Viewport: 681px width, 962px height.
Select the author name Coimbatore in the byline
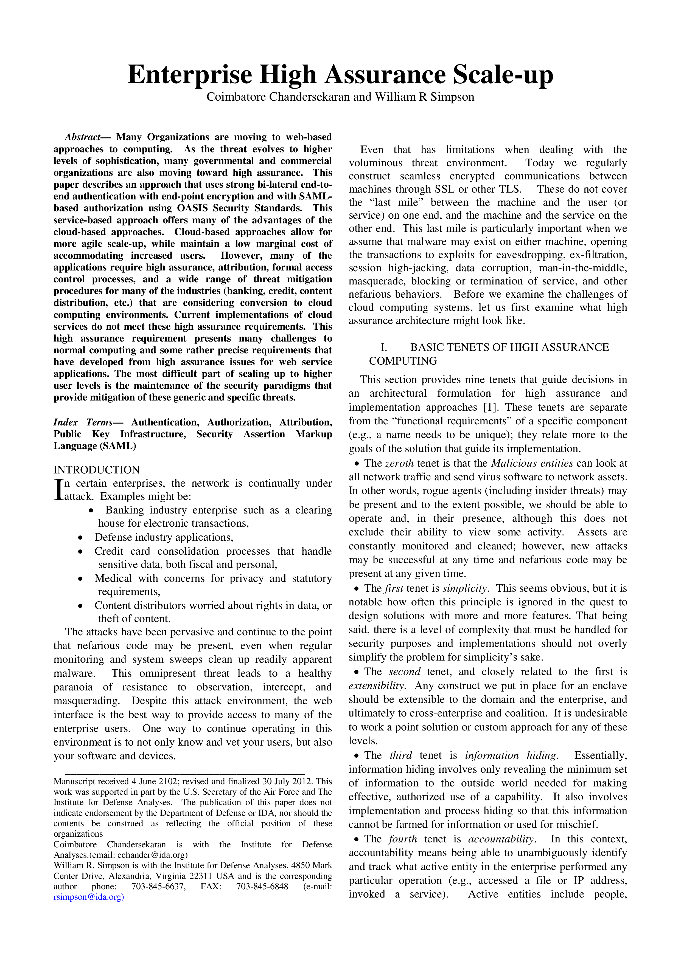tap(236, 97)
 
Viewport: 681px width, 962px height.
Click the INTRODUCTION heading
tap(96, 470)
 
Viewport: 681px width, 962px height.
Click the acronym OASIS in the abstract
tap(193, 208)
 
